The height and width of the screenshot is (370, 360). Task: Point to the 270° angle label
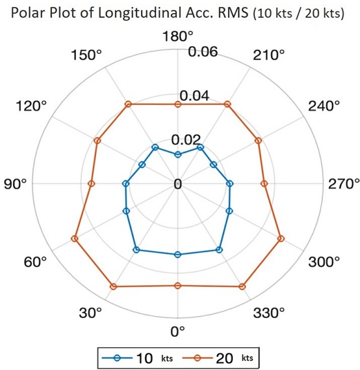(x=343, y=184)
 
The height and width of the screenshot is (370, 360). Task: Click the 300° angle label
(x=323, y=262)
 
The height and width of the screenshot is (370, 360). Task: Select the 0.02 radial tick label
(x=192, y=138)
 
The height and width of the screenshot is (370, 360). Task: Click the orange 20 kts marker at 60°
(x=75, y=239)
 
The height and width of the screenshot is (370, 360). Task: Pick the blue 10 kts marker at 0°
(x=178, y=255)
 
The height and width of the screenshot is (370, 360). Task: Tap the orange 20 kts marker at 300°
(x=281, y=239)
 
